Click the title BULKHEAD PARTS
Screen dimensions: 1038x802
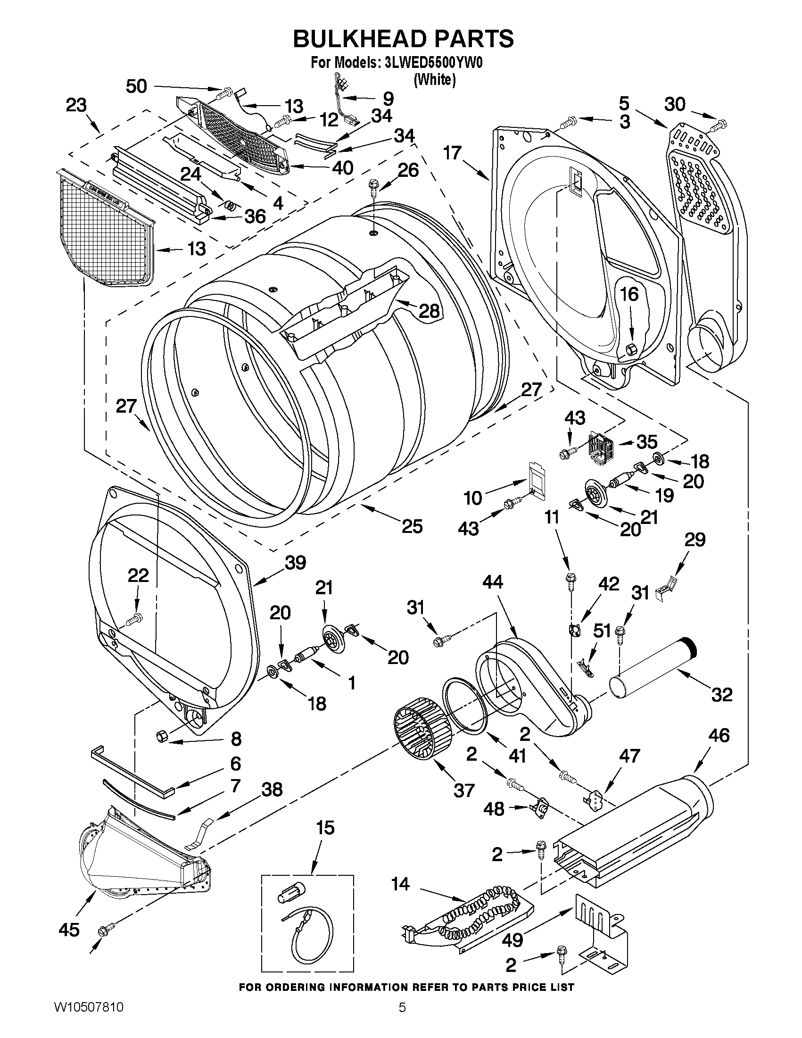point(403,39)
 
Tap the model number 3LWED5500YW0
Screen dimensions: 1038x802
point(430,63)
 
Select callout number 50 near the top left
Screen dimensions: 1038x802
point(136,86)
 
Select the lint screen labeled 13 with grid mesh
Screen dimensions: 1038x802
point(107,228)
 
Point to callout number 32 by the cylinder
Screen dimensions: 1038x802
point(722,694)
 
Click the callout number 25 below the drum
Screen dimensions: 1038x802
point(412,527)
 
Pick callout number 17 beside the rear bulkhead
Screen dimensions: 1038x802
point(453,153)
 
